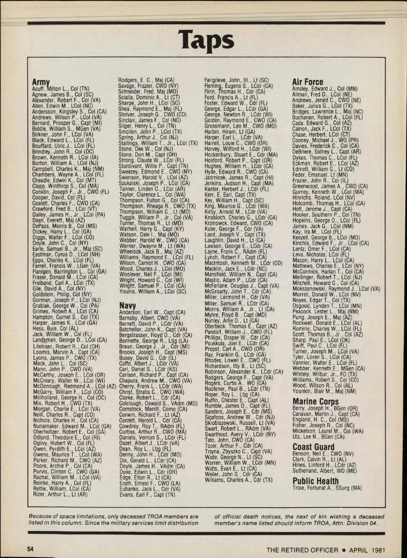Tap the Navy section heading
[x=128, y=305]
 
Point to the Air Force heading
[x=308, y=82]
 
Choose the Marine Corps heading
[x=315, y=402]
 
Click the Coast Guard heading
[x=313, y=447]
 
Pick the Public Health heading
[x=315, y=481]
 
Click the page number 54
[x=31, y=549]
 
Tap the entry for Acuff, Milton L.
[x=61, y=89]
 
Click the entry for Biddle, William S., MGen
[x=66, y=129]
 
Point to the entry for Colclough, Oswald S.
[x=158, y=404]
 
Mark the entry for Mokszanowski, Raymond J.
[x=336, y=289]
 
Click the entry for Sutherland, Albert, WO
[x=325, y=471]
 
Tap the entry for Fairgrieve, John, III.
[x=236, y=80]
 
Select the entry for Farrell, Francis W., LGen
[x=66, y=266]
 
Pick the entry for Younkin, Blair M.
[x=324, y=391]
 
